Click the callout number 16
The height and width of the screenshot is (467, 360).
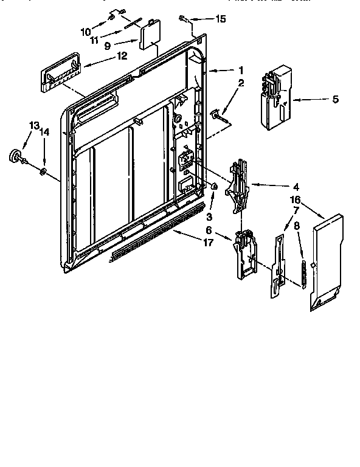click(x=295, y=199)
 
